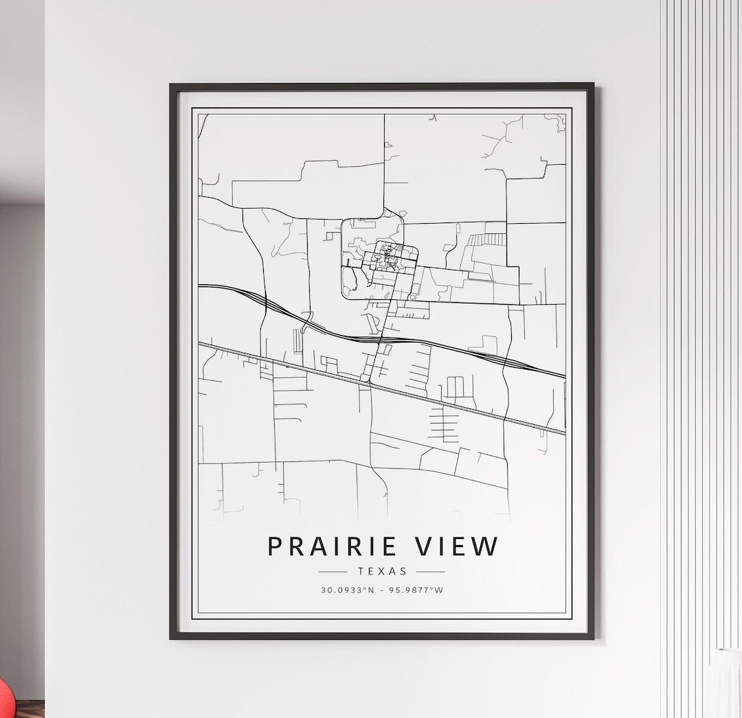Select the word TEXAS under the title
(x=382, y=571)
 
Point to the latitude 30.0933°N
(x=347, y=590)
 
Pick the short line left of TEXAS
(x=333, y=571)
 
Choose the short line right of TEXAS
(x=431, y=571)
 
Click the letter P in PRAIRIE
(x=276, y=546)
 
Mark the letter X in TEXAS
(x=382, y=571)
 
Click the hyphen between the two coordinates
(x=383, y=590)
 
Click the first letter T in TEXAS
(x=361, y=571)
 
